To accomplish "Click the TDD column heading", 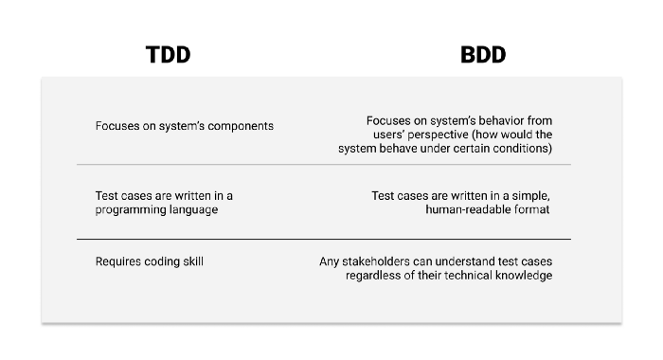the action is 168,55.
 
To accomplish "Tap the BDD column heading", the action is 483,55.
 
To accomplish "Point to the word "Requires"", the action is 118,261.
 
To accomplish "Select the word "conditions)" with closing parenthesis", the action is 520,149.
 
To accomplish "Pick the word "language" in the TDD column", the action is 192,210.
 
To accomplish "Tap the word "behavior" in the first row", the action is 489,121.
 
